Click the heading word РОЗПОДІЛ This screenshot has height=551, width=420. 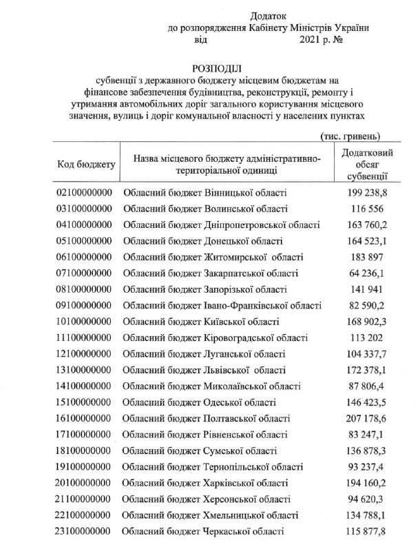[217, 68]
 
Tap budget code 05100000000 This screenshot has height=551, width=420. [83, 241]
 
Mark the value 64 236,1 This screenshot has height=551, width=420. [367, 273]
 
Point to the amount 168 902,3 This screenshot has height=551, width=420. [367, 322]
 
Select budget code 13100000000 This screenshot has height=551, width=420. [83, 370]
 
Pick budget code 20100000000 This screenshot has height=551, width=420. [83, 483]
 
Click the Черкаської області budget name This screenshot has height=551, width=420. [203, 532]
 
